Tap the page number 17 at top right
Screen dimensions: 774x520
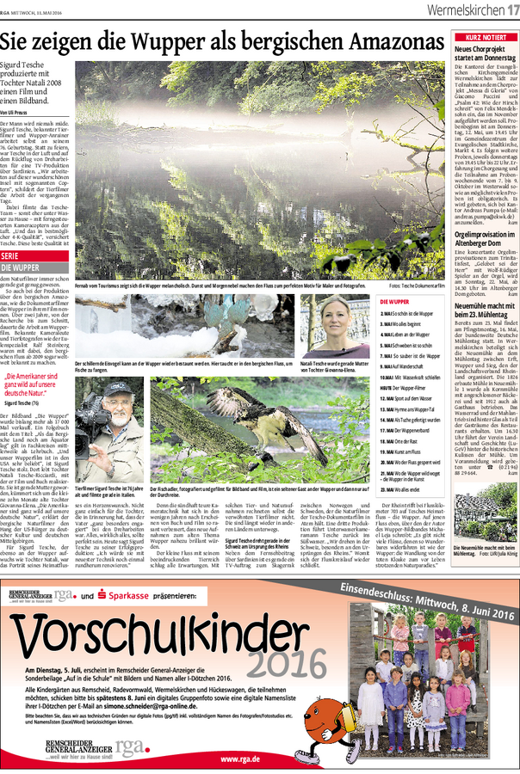tap(511, 9)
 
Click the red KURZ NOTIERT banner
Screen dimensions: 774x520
tap(486, 38)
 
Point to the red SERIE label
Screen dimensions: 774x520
tap(10, 255)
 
